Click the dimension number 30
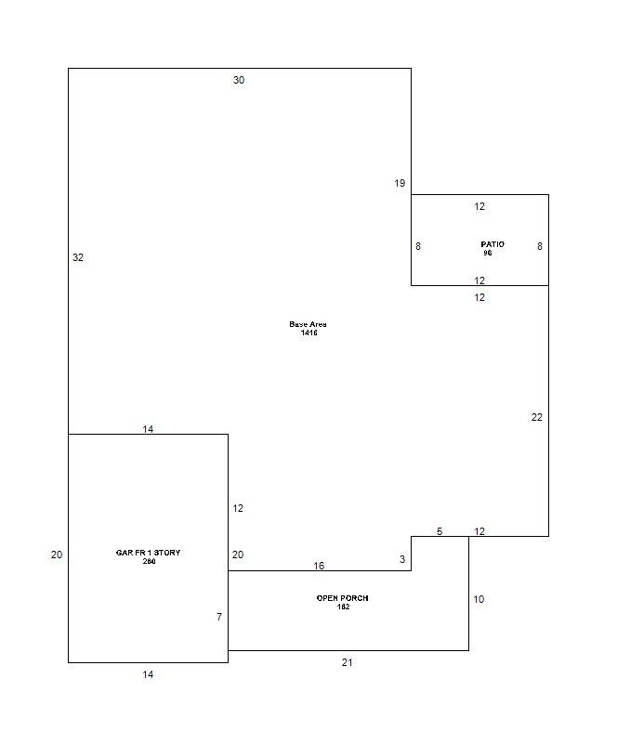(x=239, y=80)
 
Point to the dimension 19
(x=400, y=183)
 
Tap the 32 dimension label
(x=78, y=257)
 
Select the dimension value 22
(x=537, y=417)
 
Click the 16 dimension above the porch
(x=319, y=566)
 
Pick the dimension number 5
(x=440, y=531)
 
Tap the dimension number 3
(x=402, y=559)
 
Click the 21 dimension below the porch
(x=347, y=662)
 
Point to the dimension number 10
(x=479, y=599)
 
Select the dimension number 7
(x=219, y=617)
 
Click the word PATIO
(x=492, y=244)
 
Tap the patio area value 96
(x=488, y=253)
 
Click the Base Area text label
(x=308, y=324)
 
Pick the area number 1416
(x=308, y=333)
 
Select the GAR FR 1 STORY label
(x=149, y=553)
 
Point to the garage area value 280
(x=150, y=561)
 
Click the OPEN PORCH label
(x=342, y=598)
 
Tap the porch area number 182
(x=343, y=607)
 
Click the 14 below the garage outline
(x=148, y=674)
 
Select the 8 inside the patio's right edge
(x=540, y=246)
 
